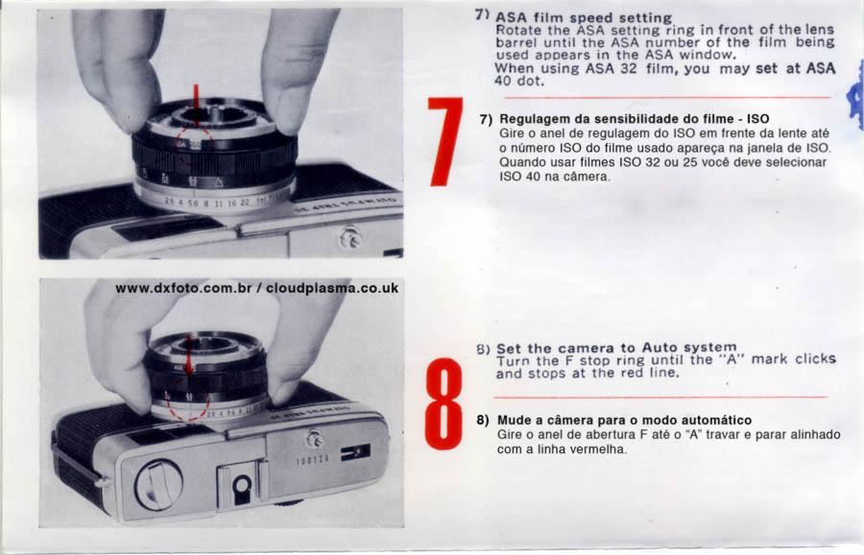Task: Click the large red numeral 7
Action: (445, 141)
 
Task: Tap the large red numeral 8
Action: (444, 404)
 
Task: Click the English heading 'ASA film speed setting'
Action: (584, 18)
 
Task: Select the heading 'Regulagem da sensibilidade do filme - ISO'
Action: (635, 119)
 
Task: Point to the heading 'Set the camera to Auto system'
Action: (616, 349)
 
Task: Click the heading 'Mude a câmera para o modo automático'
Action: (624, 420)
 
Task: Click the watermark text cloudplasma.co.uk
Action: (332, 288)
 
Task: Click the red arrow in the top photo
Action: (196, 98)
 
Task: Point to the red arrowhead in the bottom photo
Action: (188, 365)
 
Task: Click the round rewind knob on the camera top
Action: (158, 485)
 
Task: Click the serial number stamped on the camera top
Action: (313, 460)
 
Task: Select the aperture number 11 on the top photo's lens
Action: (219, 203)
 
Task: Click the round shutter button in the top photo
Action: (349, 239)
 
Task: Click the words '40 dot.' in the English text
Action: (519, 82)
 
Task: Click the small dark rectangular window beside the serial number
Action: (355, 452)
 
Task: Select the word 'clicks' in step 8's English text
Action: (815, 359)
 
